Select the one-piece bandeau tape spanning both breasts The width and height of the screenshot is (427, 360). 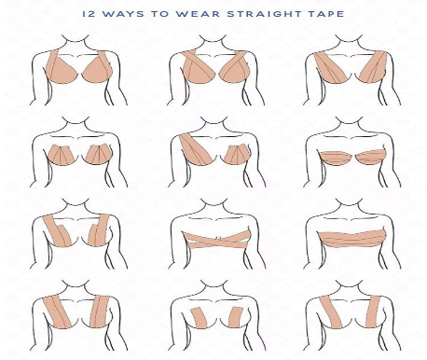[351, 239]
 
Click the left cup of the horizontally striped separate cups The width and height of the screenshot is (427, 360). [335, 158]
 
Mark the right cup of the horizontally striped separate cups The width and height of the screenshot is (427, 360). [371, 157]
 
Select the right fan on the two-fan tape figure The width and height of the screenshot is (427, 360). [98, 154]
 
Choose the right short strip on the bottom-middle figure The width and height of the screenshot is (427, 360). [236, 317]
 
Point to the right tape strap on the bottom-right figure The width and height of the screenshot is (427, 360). [373, 312]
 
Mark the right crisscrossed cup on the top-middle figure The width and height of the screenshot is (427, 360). [236, 67]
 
